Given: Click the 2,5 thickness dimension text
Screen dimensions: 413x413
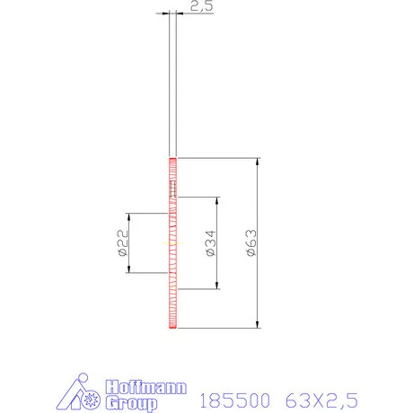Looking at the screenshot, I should click(x=200, y=6).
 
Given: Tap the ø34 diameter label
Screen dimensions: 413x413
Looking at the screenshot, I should click(x=210, y=243).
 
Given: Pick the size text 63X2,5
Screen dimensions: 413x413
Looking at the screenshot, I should click(x=322, y=396).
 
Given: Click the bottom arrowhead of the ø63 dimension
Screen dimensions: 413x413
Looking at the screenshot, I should click(x=259, y=325).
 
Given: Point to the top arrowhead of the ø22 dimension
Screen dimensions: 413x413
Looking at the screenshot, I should click(x=131, y=216).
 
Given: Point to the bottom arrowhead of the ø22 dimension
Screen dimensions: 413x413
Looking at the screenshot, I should click(x=131, y=269).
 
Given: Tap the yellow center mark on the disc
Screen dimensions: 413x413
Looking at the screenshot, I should click(x=173, y=243).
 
